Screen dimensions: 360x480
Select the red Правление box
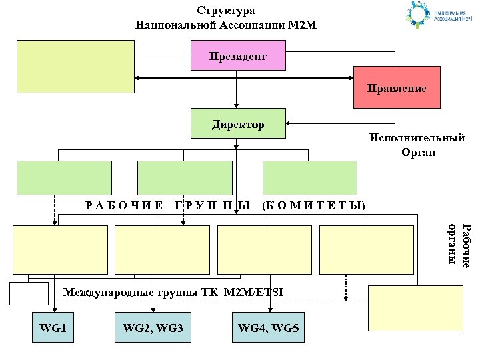[x=397, y=87]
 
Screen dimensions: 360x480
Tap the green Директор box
[x=239, y=124]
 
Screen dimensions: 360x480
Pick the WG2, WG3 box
[x=153, y=328]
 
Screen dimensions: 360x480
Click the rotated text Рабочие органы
[x=459, y=247]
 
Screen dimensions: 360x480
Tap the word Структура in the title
[x=226, y=11]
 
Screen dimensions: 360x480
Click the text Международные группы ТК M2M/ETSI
[x=173, y=291]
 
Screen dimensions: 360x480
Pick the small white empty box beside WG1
[x=29, y=293]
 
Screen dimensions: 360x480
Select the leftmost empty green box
[x=64, y=177]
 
